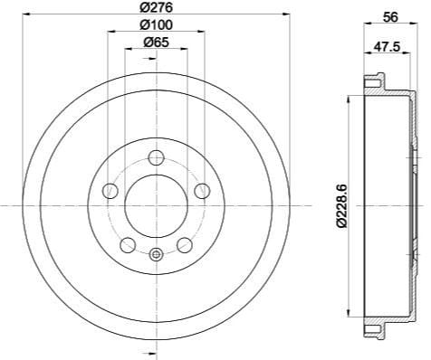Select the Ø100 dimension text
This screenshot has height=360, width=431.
[155, 24]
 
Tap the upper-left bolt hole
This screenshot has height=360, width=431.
[110, 190]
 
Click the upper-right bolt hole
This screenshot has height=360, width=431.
[200, 190]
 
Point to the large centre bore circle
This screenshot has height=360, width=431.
[156, 206]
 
